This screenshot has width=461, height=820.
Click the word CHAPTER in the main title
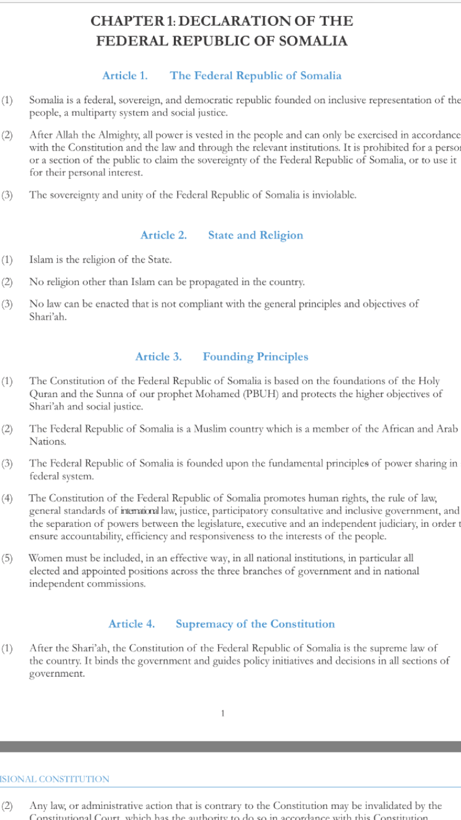(124, 21)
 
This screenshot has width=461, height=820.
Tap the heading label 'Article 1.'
(125, 76)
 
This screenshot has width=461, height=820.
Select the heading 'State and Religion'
(255, 235)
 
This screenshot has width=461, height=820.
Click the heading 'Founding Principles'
(255, 357)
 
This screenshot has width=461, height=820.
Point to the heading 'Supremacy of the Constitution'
(255, 624)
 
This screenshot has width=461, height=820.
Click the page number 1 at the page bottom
(223, 713)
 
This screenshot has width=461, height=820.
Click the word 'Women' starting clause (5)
(45, 558)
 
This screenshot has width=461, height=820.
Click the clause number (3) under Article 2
(7, 304)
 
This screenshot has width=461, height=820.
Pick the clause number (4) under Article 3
(7, 498)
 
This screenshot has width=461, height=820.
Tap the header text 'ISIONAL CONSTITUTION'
(55, 779)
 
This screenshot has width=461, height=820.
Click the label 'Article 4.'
(132, 624)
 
